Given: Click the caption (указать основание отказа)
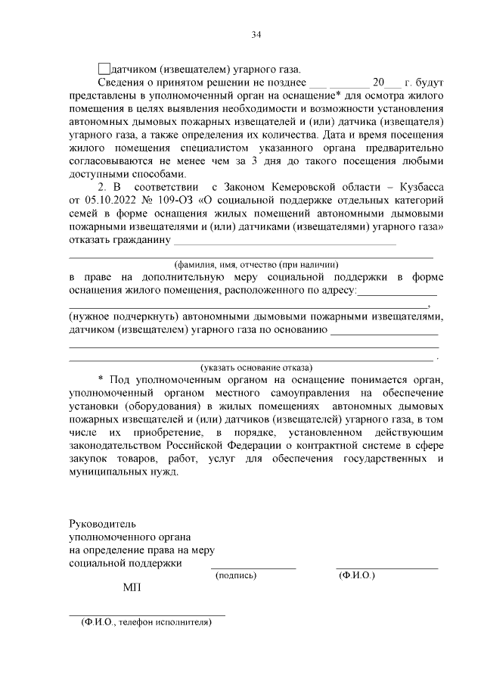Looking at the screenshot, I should click(250, 367).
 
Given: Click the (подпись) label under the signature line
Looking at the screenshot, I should click(237, 575).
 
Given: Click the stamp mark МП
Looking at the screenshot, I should click(132, 588).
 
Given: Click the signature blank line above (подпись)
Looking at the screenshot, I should click(253, 567).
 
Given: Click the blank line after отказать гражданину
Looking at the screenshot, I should click(284, 243).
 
